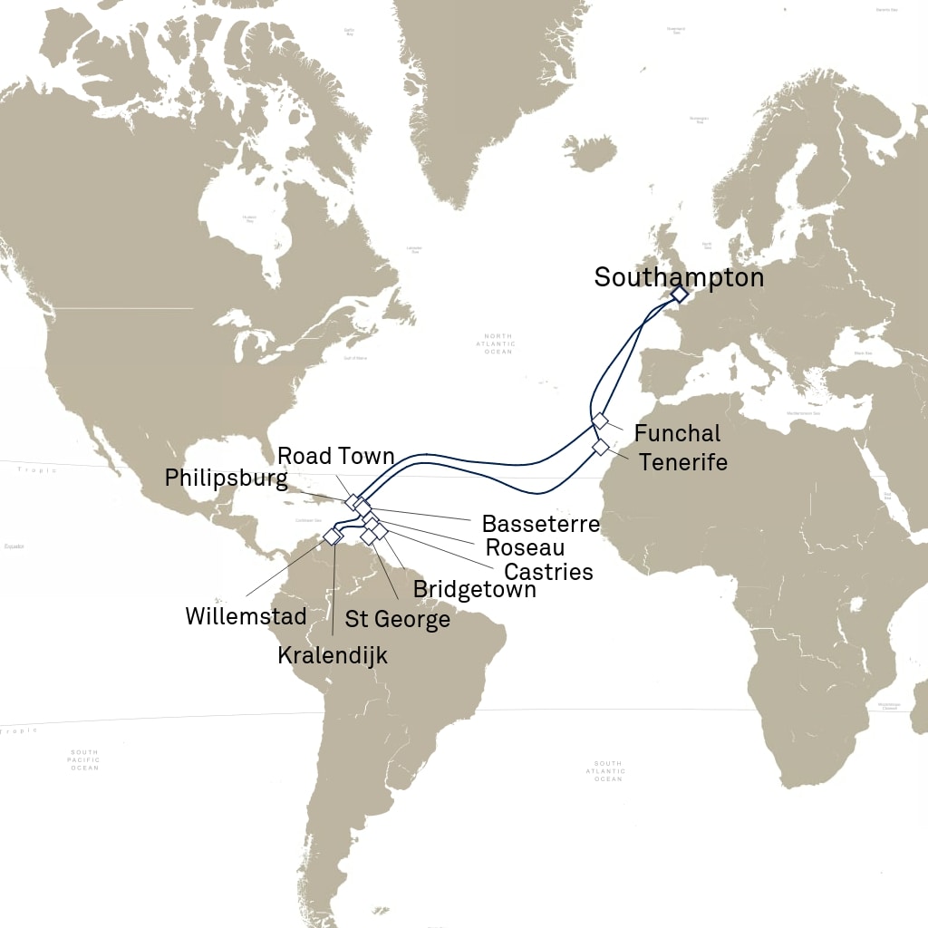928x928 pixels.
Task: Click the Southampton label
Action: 679,277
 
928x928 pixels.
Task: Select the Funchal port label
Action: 678,433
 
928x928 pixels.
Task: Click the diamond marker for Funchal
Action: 600,421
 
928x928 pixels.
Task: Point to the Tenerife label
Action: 683,462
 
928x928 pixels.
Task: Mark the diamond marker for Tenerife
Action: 600,448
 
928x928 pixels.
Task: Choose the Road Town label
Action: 336,455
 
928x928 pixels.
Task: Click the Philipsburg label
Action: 227,478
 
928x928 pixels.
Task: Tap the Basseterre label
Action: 541,524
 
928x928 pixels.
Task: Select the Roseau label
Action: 526,547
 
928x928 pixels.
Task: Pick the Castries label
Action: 548,572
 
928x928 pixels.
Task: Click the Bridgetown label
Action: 475,589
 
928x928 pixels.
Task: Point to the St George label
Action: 398,620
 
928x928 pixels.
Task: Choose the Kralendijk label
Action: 333,654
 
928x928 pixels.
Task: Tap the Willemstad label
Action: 246,617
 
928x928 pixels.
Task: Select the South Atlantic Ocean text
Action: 607,771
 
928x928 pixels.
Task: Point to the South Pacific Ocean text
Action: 85,760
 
